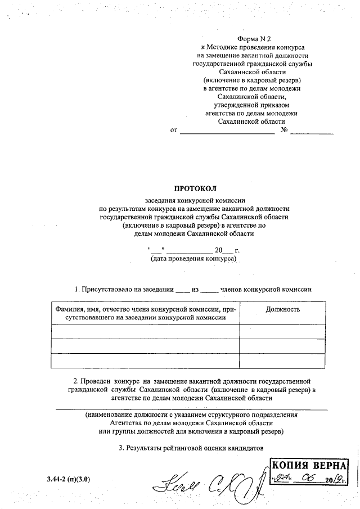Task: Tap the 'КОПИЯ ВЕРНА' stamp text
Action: (x=309, y=466)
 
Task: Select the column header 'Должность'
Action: (x=282, y=309)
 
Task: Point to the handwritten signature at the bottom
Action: (x=208, y=481)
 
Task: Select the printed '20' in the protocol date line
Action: (x=219, y=250)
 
